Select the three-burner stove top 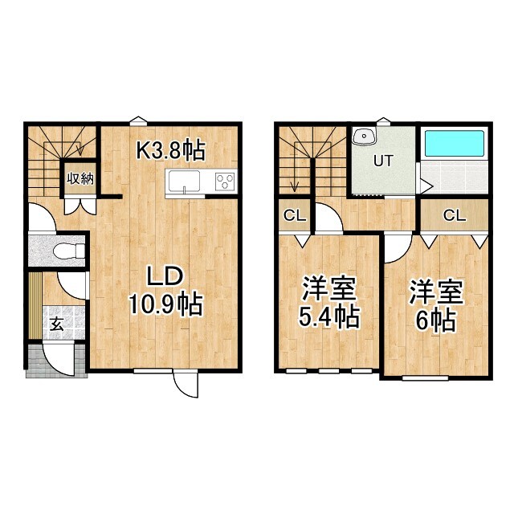(x=226, y=182)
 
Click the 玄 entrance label (x=58, y=324)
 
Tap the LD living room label (x=166, y=277)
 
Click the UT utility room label (x=382, y=160)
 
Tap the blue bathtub (x=454, y=143)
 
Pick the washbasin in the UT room (x=365, y=136)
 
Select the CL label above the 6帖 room (x=454, y=214)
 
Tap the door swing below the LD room (x=186, y=385)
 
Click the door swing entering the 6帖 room (x=396, y=248)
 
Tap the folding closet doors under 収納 (x=79, y=202)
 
